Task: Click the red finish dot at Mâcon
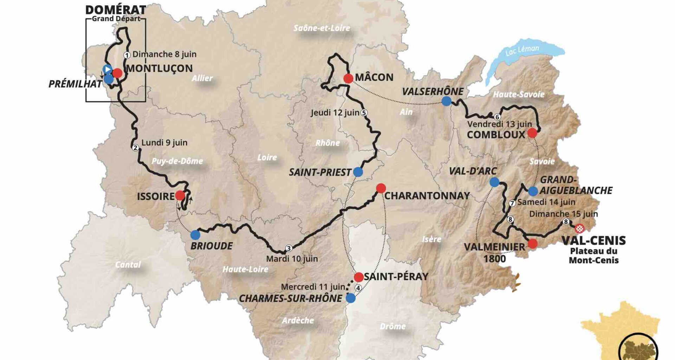coord(348,78)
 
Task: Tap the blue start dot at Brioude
coord(195,235)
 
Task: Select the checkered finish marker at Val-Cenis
coord(579,229)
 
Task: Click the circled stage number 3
coord(288,249)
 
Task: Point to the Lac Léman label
coord(522,50)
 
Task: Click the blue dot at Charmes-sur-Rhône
coord(350,298)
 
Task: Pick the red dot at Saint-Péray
coord(359,277)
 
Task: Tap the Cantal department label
coord(128,264)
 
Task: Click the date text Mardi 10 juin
coord(292,259)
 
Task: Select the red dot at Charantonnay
coord(381,188)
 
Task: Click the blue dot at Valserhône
coord(446,101)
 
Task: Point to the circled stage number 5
coord(364,112)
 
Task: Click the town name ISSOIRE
coord(155,196)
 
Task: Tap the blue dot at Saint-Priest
coord(358,172)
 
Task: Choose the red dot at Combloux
coord(532,133)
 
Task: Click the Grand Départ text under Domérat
coord(116,19)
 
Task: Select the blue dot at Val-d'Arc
coord(494,182)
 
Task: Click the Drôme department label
coord(393,326)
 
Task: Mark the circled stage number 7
coord(512,203)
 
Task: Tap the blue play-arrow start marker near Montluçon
coord(107,69)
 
